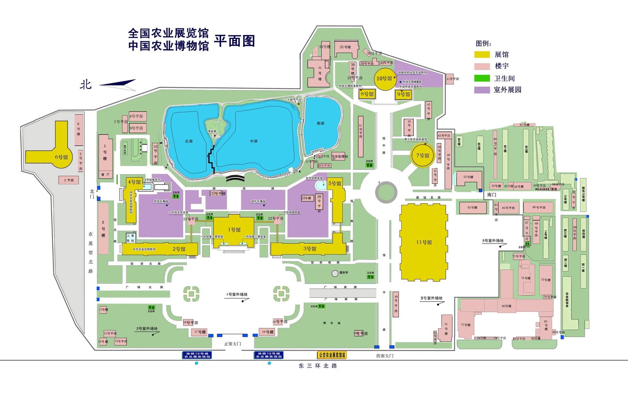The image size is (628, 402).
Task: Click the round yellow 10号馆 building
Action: (385, 79)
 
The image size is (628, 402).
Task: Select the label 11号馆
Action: (424, 242)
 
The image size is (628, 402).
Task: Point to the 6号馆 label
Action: (61, 157)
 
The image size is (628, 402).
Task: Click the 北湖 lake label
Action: (189, 141)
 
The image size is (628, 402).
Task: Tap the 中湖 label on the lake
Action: (254, 141)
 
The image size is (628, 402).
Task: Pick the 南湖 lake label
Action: (321, 123)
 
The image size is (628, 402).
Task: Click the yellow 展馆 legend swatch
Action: (482, 55)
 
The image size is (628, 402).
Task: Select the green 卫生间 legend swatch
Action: (482, 78)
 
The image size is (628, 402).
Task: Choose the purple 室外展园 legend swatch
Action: (482, 90)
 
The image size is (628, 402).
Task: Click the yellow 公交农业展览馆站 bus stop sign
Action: (332, 355)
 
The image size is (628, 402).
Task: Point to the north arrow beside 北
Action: (118, 84)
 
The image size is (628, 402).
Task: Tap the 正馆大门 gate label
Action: (233, 344)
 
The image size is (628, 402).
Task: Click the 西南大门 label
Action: (385, 356)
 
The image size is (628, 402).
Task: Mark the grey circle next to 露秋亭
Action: (335, 273)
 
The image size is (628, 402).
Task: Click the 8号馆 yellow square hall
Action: (367, 94)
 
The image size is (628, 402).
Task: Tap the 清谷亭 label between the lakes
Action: (212, 131)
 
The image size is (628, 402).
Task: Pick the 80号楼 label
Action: (506, 306)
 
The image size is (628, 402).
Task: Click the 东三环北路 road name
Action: (318, 366)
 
